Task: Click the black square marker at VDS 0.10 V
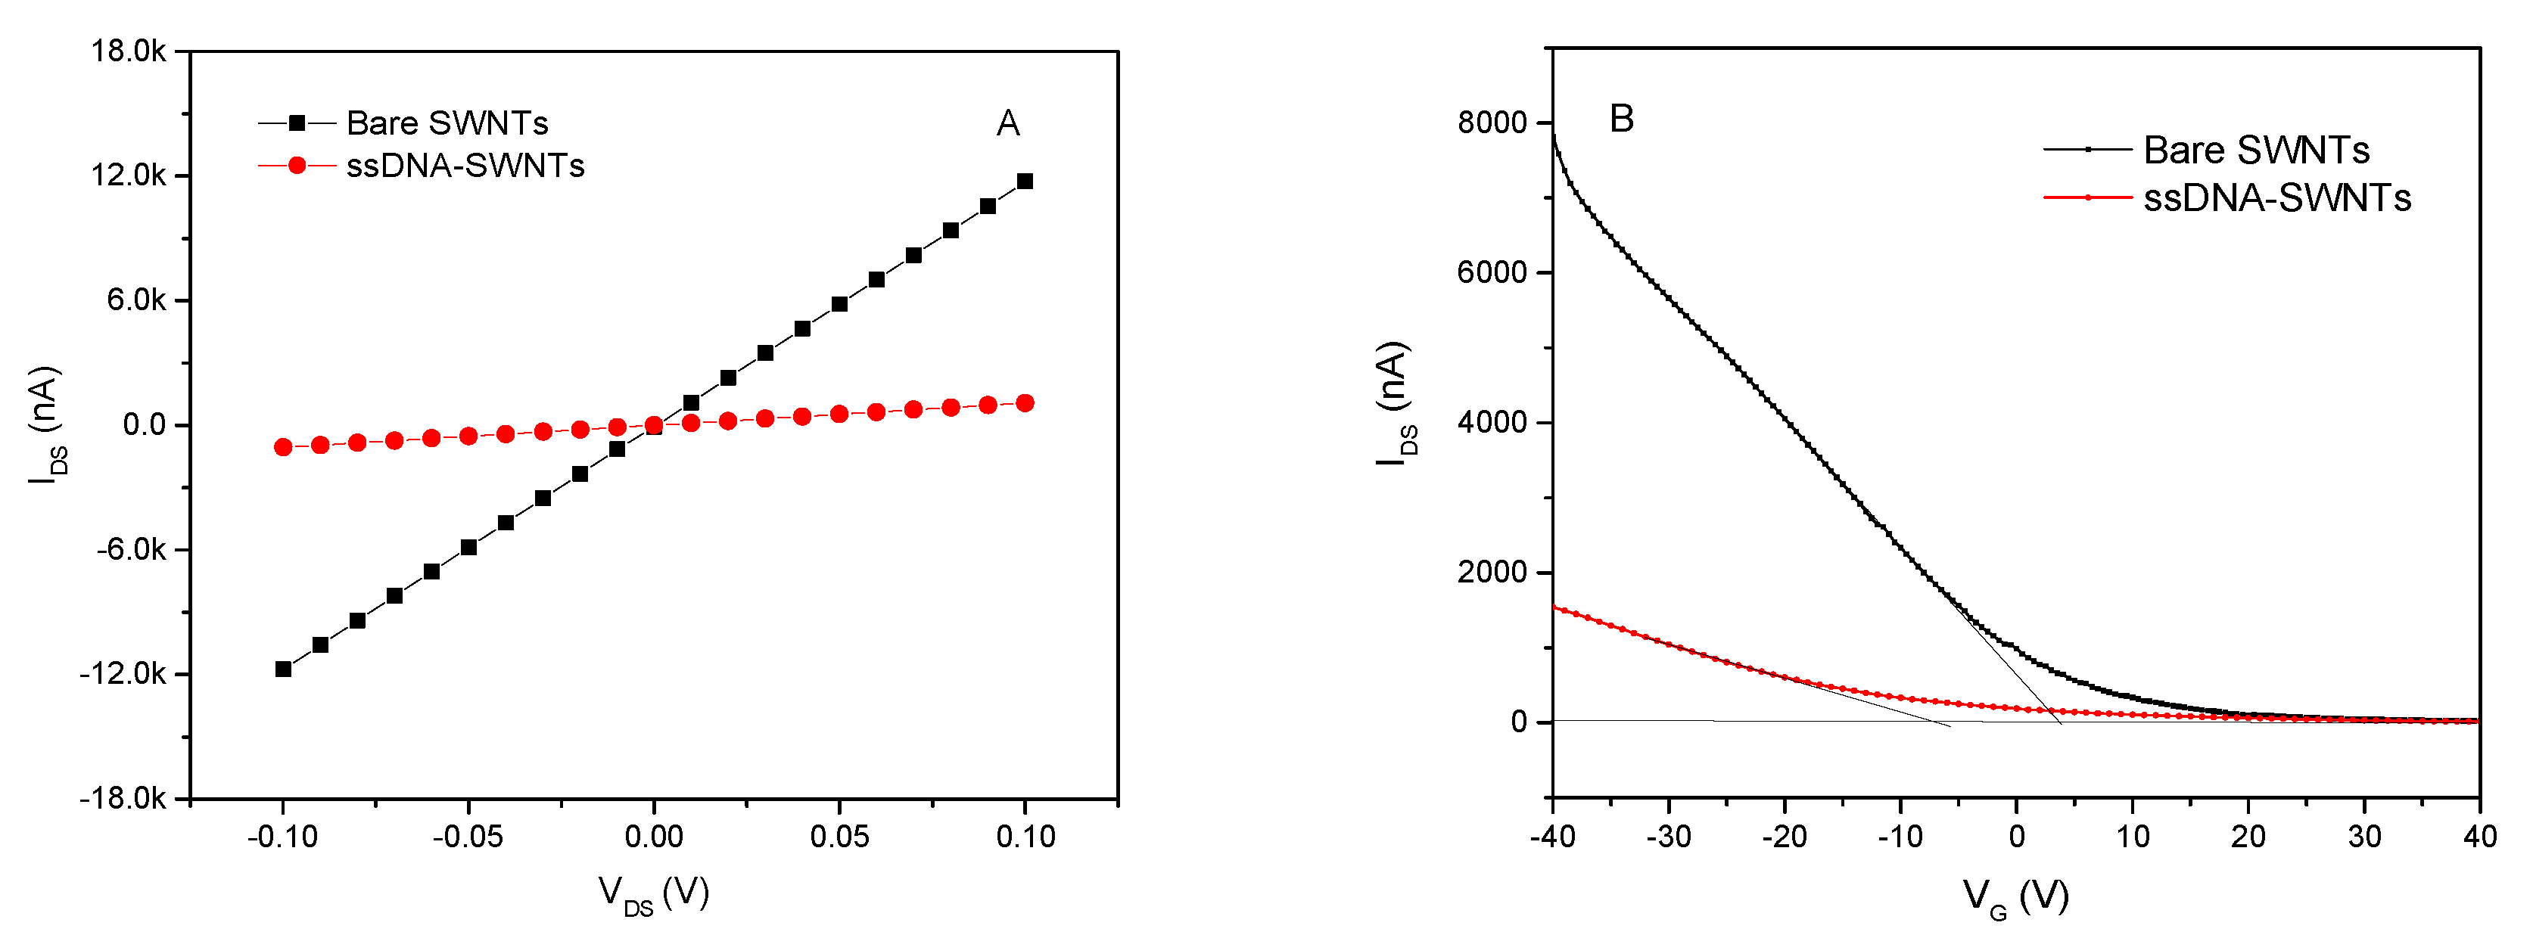1025,181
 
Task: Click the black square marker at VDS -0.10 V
283,669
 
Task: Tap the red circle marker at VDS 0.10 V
1025,403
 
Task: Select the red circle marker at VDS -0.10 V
283,446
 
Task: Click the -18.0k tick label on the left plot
124,798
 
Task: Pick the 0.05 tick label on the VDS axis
839,837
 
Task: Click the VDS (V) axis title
654,894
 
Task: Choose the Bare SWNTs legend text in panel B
2257,150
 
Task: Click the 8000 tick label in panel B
1492,123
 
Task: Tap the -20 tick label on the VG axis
1784,837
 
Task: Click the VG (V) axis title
2016,896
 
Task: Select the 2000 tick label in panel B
1492,572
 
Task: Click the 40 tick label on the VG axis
2479,837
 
